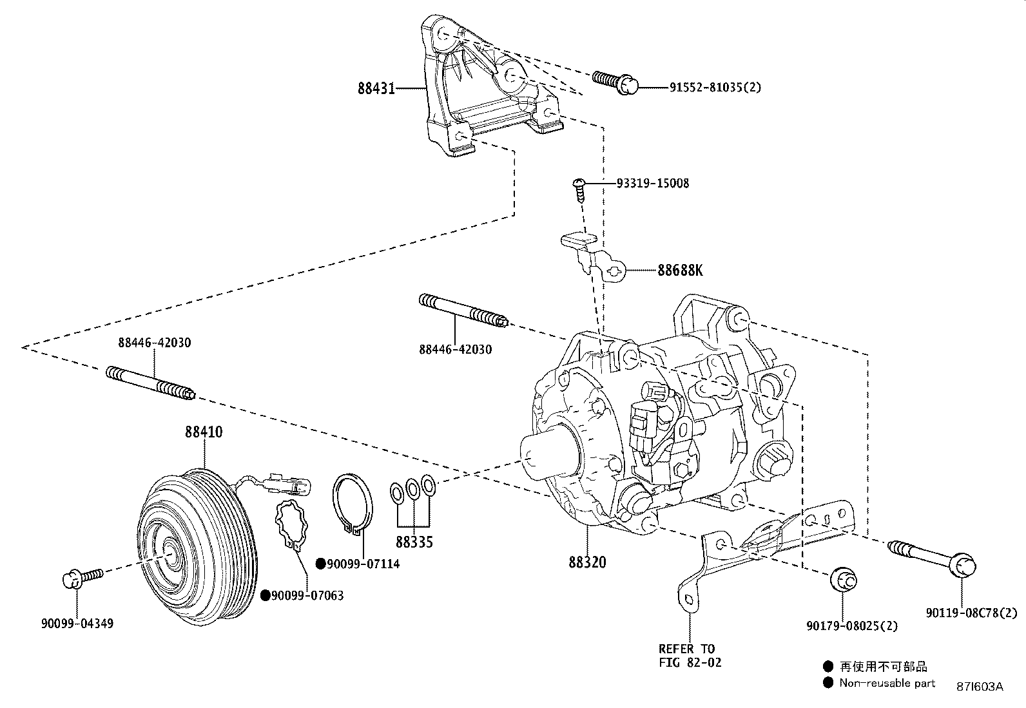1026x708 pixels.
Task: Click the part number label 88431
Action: [x=376, y=88]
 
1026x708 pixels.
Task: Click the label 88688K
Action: [x=680, y=271]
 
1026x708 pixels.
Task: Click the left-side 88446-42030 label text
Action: [x=154, y=343]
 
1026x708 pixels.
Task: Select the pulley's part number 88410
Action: [x=204, y=432]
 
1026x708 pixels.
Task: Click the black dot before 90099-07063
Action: [x=265, y=596]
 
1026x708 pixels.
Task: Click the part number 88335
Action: [x=414, y=542]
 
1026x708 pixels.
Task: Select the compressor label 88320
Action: [x=587, y=562]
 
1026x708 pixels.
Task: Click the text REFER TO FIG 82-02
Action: [x=690, y=655]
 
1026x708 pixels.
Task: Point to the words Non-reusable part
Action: [x=887, y=683]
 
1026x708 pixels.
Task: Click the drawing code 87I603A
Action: [x=979, y=687]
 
